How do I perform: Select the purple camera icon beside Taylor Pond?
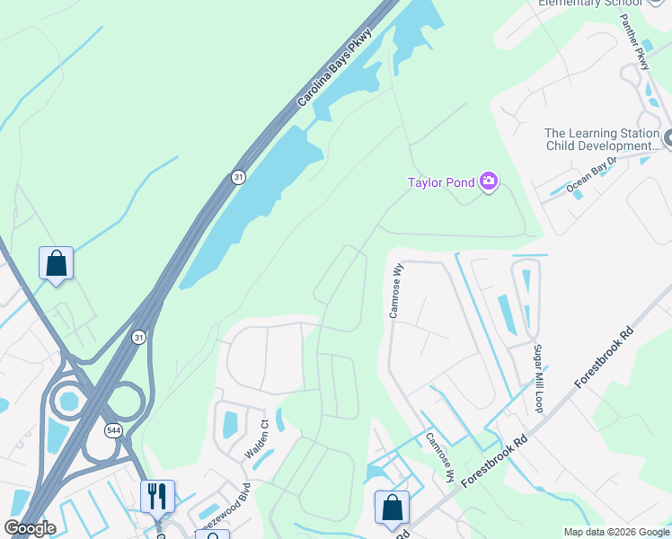(489, 182)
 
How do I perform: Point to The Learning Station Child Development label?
(602, 139)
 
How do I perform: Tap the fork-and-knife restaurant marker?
(157, 495)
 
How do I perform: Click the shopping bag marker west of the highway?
(56, 264)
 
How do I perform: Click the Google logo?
(30, 528)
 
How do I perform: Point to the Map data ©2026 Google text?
(616, 532)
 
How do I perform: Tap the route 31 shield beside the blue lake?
(237, 176)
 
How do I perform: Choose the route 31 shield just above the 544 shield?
(137, 337)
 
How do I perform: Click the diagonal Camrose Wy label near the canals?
(439, 455)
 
